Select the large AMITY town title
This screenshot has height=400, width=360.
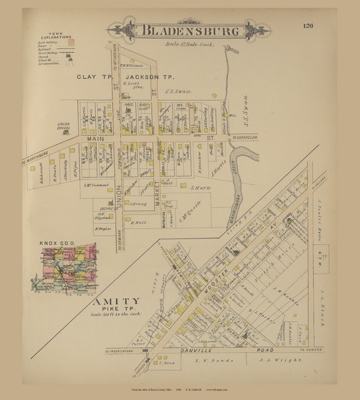pos(114,301)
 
